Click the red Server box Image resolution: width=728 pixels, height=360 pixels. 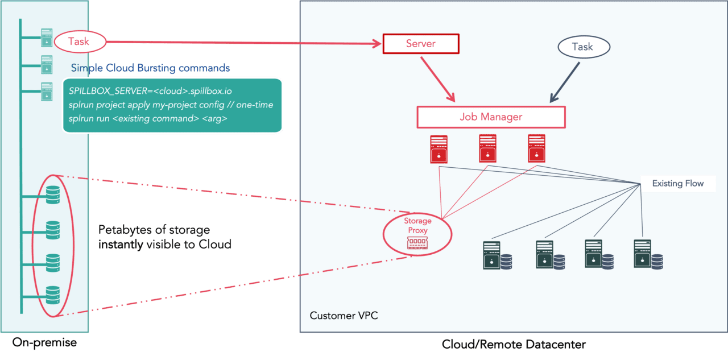click(420, 44)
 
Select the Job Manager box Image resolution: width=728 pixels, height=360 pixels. click(491, 117)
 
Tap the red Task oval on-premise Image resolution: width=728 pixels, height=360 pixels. click(79, 41)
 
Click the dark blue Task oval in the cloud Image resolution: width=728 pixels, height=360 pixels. click(583, 47)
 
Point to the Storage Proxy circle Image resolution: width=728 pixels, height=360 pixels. click(417, 233)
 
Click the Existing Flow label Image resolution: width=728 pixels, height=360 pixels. click(677, 183)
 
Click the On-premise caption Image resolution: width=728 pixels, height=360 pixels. click(44, 343)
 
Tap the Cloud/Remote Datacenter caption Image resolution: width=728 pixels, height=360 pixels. click(514, 345)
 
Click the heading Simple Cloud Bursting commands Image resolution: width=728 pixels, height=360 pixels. click(150, 68)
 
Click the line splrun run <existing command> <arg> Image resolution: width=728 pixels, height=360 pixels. click(148, 119)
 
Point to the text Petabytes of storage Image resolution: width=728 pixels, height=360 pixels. click(154, 230)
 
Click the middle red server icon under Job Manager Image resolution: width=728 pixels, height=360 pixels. click(487, 148)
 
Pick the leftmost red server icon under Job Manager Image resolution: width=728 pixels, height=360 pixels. click(439, 148)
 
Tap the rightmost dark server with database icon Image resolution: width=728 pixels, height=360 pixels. click(648, 254)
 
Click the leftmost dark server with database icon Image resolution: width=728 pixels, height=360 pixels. click(497, 255)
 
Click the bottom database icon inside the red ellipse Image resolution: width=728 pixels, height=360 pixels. click(52, 294)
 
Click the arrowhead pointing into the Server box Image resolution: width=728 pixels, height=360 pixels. click(377, 43)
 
